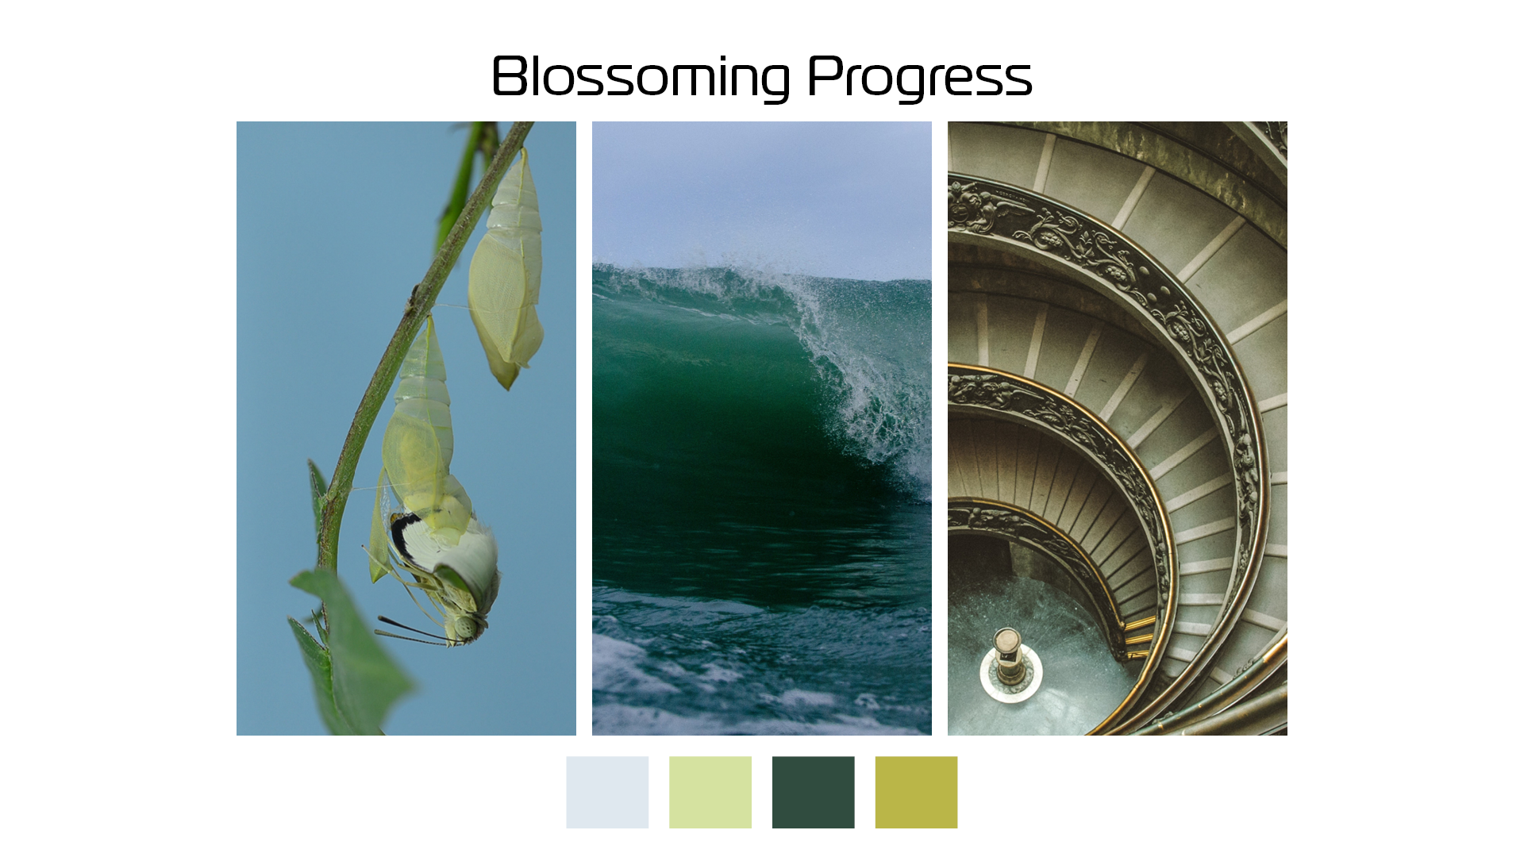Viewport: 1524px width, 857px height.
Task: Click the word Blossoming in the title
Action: coord(641,77)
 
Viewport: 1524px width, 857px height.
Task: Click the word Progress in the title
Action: coord(920,77)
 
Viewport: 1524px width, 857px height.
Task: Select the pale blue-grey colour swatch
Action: coord(607,792)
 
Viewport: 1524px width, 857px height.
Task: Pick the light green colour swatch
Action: coord(710,792)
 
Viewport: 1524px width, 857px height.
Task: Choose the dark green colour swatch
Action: coord(814,792)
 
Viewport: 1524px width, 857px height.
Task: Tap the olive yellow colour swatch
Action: coord(916,792)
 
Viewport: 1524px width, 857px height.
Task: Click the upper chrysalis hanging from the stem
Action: coord(506,270)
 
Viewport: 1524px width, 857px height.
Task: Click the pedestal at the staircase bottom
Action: coord(1007,655)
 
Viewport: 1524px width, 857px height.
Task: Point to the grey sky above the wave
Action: coord(762,190)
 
